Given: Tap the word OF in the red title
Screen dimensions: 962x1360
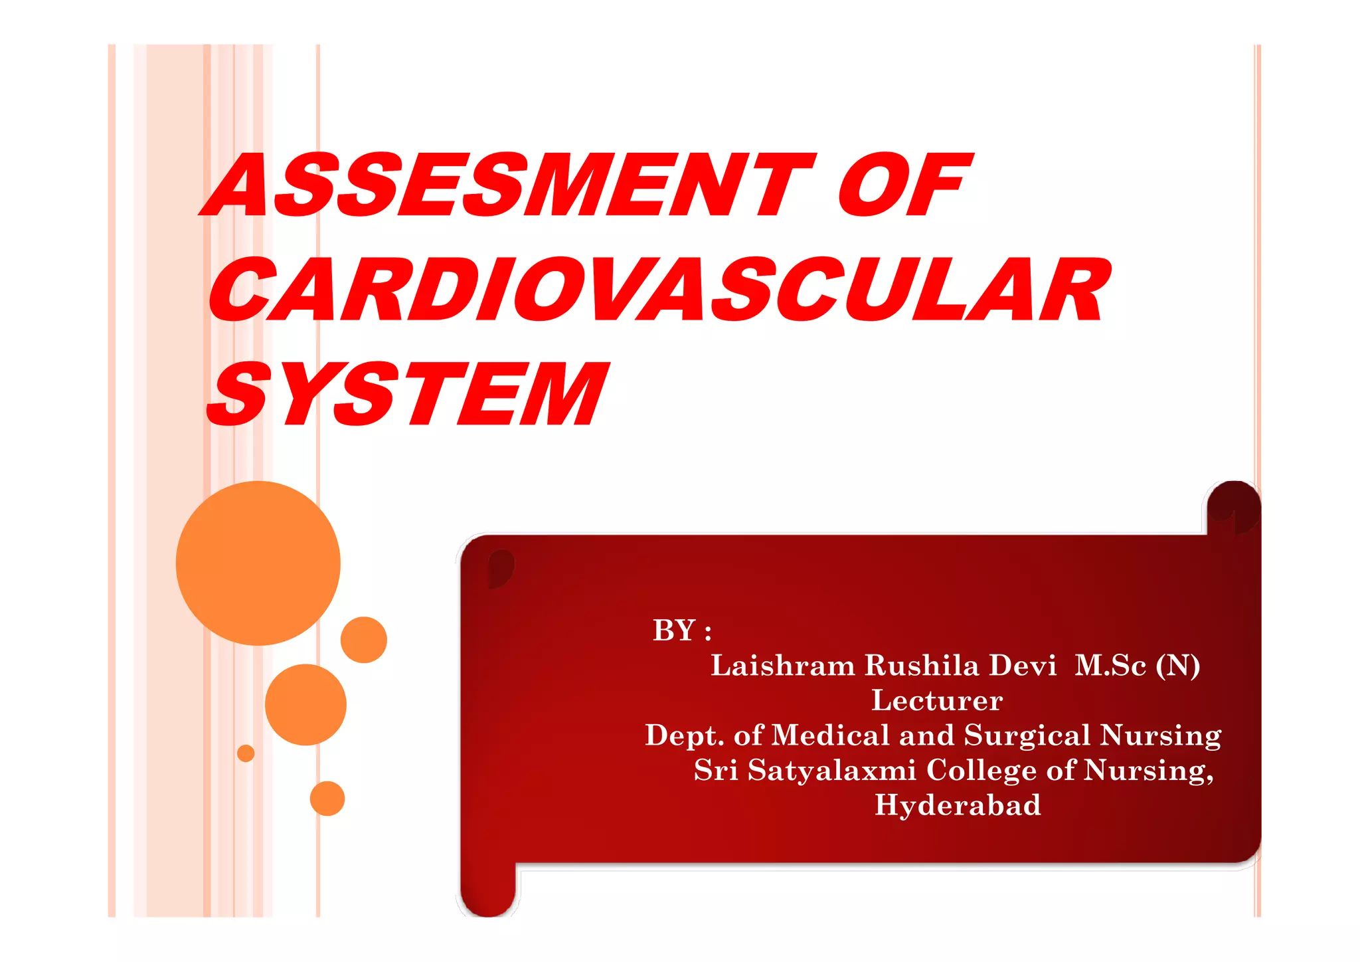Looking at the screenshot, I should (x=903, y=185).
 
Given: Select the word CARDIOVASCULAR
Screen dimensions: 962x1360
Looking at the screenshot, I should (x=657, y=290).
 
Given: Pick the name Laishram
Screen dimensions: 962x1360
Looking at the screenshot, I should (x=783, y=666).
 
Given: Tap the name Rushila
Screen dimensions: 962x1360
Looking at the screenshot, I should (x=922, y=666).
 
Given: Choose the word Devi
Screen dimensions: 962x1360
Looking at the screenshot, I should (x=1023, y=666).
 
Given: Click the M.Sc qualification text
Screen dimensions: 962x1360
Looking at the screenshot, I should (x=1110, y=666).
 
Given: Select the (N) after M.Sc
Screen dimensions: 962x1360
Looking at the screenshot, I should (x=1177, y=666).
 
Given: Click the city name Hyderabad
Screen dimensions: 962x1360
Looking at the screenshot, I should (x=958, y=805).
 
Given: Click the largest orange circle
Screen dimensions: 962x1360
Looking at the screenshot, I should (x=258, y=563).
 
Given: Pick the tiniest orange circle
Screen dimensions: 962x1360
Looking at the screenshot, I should (x=246, y=753).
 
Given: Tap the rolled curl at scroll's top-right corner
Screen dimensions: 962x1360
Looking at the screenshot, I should (x=1234, y=508).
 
